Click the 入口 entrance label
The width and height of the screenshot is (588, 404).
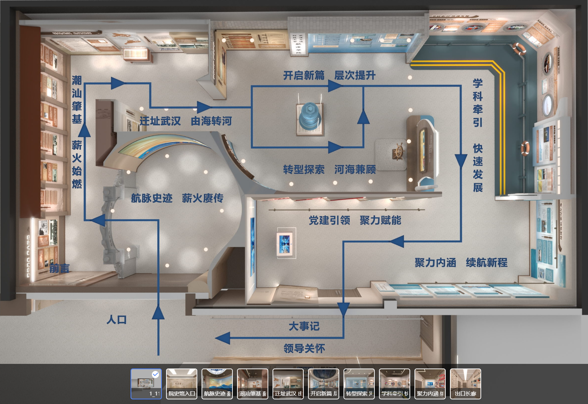pyautogui.click(x=116, y=320)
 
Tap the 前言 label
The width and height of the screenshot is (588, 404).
pyautogui.click(x=59, y=269)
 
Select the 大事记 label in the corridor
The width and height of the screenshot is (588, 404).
pyautogui.click(x=304, y=326)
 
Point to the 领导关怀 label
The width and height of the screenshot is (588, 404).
pyautogui.click(x=304, y=348)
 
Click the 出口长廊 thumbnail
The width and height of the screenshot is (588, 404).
pyautogui.click(x=465, y=384)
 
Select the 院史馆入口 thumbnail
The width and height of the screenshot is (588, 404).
pyautogui.click(x=182, y=384)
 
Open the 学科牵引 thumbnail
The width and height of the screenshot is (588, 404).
pyautogui.click(x=394, y=384)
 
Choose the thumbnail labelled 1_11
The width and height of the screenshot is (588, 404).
pyautogui.click(x=146, y=384)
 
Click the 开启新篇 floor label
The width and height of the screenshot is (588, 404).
pyautogui.click(x=304, y=75)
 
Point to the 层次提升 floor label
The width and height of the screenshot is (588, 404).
pyautogui.click(x=355, y=75)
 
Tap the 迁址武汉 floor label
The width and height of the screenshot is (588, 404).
pyautogui.click(x=160, y=121)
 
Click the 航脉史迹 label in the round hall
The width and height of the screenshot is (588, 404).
pyautogui.click(x=152, y=198)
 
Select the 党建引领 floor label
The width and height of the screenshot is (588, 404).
pyautogui.click(x=329, y=220)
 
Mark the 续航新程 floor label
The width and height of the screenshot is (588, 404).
pyautogui.click(x=487, y=263)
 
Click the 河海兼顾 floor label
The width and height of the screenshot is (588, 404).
pyautogui.click(x=355, y=170)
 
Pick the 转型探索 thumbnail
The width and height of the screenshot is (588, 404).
pyautogui.click(x=359, y=384)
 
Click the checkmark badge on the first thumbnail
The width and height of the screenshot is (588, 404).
pyautogui.click(x=155, y=374)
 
